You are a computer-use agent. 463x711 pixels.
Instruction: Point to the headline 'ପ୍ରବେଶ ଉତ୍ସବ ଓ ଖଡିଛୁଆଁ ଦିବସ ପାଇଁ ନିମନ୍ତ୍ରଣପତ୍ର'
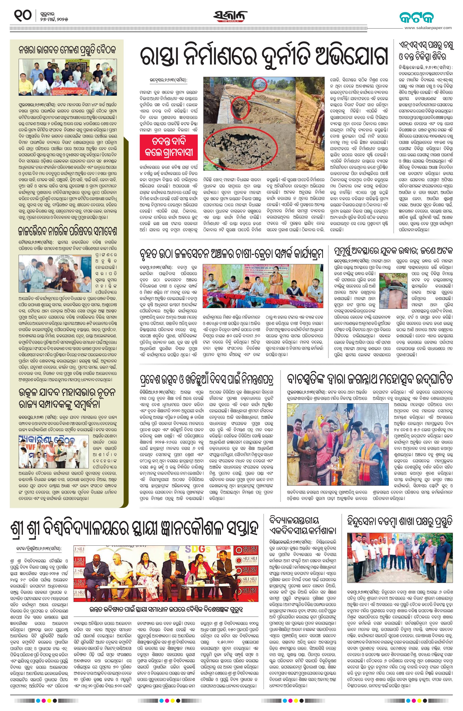(207, 379)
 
